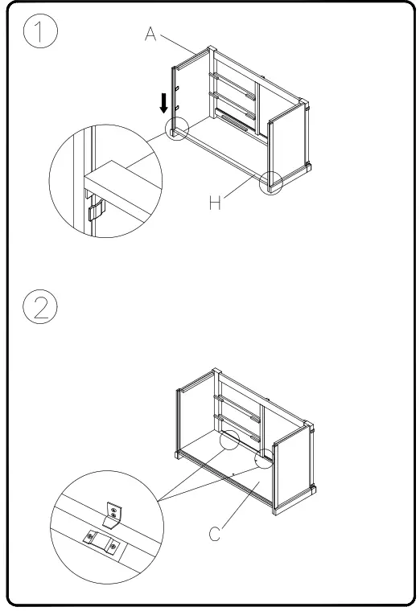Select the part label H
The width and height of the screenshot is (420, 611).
[215, 203]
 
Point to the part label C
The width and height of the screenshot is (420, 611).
[216, 534]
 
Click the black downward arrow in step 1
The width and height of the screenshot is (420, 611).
[164, 102]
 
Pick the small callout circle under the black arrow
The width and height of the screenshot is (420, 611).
[176, 130]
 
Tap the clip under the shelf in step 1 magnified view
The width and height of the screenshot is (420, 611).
[95, 211]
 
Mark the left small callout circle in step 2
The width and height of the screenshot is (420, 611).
[229, 441]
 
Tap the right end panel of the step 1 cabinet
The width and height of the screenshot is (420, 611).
[287, 149]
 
